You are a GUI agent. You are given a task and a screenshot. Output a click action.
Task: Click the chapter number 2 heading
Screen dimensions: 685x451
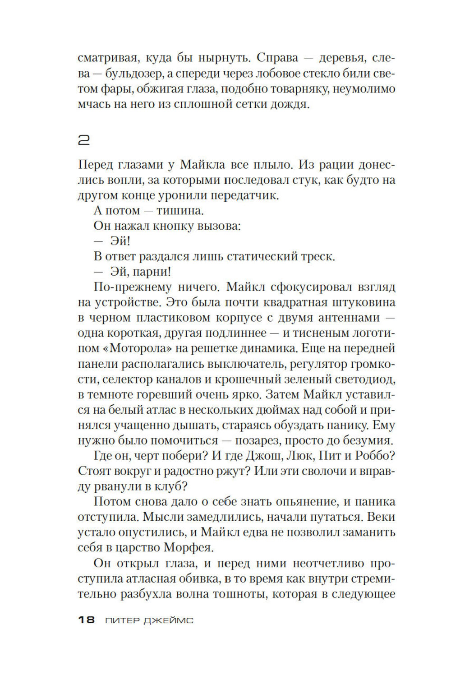point(84,141)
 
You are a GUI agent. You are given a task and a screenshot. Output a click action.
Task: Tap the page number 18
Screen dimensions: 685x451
point(86,620)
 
